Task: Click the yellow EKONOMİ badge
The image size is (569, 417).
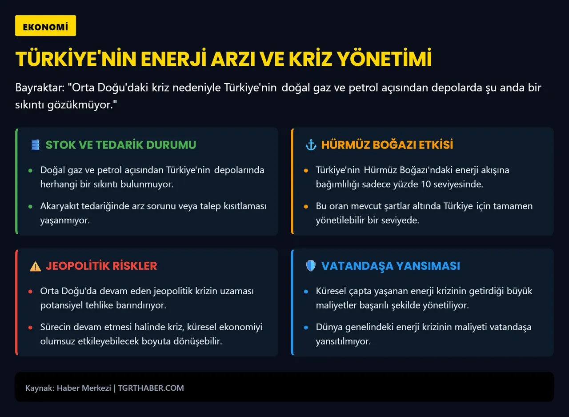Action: (45, 26)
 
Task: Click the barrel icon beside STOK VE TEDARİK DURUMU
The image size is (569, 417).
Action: (36, 144)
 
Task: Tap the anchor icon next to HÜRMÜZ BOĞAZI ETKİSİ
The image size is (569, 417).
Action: (310, 144)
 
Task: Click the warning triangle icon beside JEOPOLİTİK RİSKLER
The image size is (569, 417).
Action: (35, 266)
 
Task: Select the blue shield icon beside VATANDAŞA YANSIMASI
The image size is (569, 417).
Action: (311, 266)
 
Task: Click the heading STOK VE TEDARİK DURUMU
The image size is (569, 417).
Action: (120, 144)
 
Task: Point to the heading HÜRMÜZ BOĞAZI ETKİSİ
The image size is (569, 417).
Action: (387, 144)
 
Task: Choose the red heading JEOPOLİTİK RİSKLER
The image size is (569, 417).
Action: (101, 266)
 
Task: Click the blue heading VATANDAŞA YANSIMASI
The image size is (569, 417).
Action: (390, 266)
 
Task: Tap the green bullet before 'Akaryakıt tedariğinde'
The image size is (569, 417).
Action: (30, 206)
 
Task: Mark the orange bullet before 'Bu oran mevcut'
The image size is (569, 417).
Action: (306, 206)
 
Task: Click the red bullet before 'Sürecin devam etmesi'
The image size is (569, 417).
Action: (30, 328)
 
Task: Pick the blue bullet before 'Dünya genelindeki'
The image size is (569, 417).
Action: (306, 328)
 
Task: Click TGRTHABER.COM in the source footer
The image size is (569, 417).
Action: (151, 388)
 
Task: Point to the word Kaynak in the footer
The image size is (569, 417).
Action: (39, 388)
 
